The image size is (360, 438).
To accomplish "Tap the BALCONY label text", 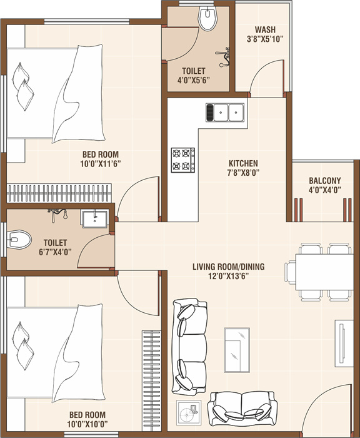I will tap(324, 181).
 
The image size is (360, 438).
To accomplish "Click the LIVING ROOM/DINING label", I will tap(228, 267).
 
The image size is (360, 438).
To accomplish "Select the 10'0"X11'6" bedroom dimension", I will tap(101, 163).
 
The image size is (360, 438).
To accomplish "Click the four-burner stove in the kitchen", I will tap(183, 160).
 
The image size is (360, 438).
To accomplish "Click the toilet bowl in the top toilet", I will tap(206, 19).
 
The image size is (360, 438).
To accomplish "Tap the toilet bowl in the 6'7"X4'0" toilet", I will tap(19, 238).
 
